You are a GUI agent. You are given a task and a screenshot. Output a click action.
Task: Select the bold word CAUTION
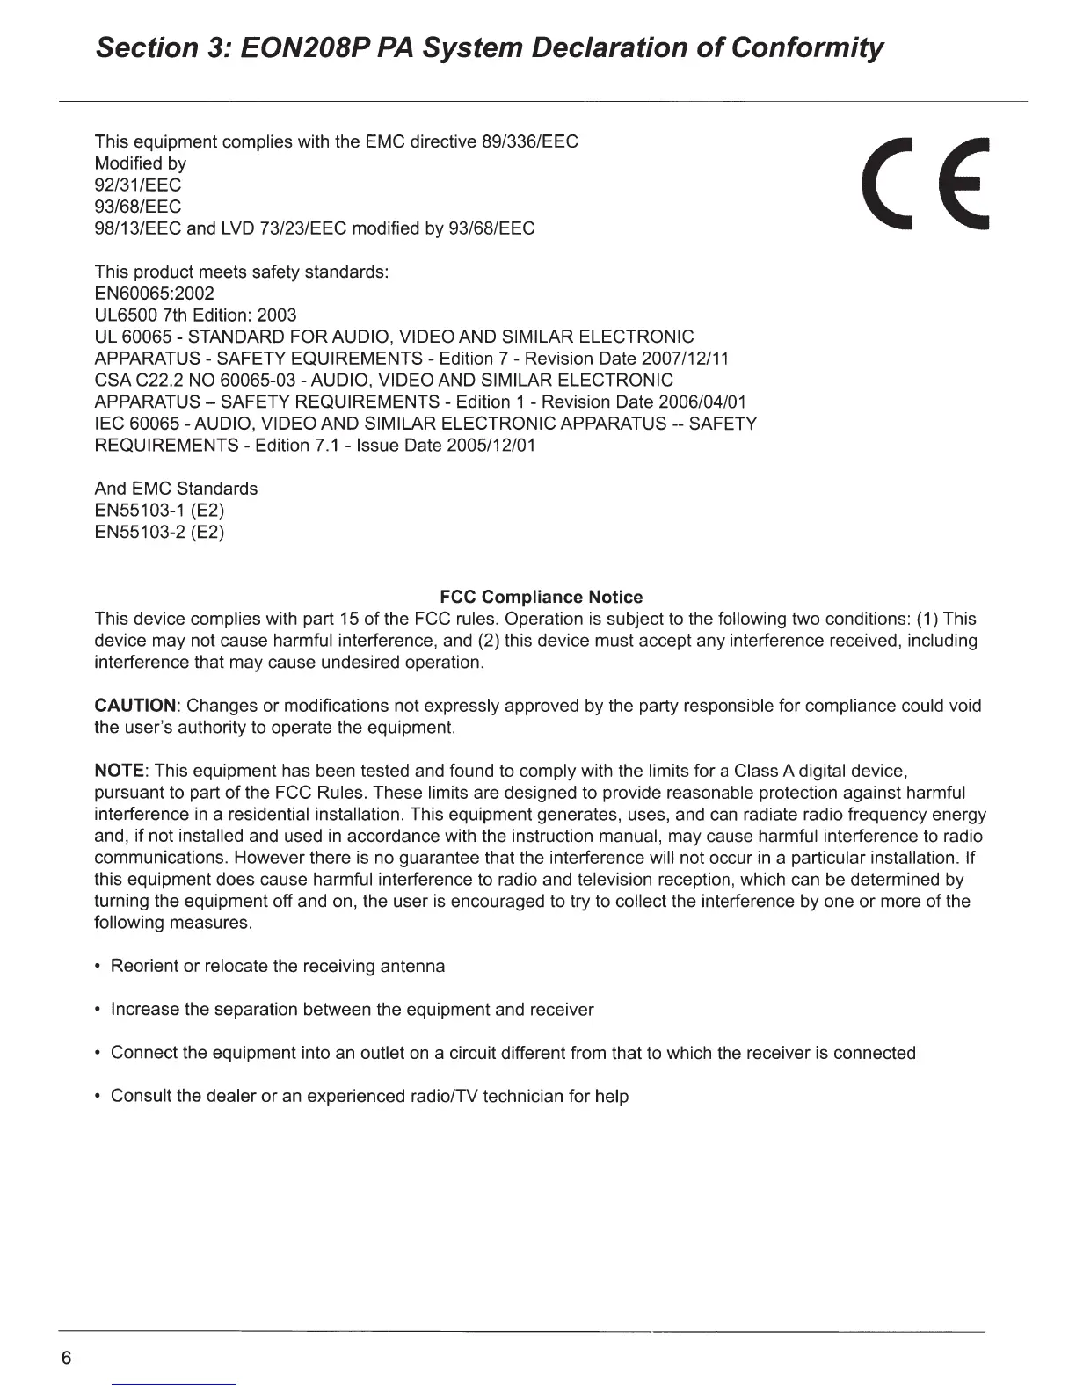pyautogui.click(x=135, y=707)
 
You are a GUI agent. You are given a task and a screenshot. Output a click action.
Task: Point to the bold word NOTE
pyautogui.click(x=119, y=772)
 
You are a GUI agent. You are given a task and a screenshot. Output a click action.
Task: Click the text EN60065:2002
pyautogui.click(x=154, y=294)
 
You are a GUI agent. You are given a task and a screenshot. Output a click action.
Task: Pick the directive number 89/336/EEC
pyautogui.click(x=525, y=141)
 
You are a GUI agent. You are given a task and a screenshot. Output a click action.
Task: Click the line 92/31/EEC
pyautogui.click(x=137, y=185)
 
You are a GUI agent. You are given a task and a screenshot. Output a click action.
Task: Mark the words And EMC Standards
pyautogui.click(x=176, y=489)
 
